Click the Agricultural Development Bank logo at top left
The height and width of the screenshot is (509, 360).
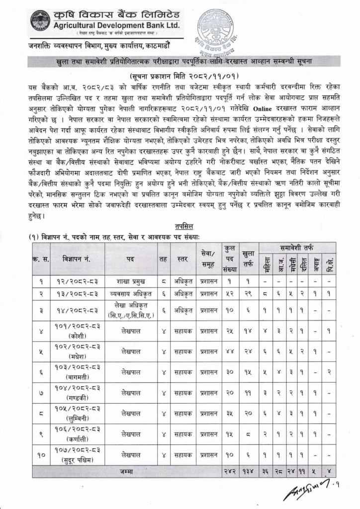pyautogui.click(x=40, y=20)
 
